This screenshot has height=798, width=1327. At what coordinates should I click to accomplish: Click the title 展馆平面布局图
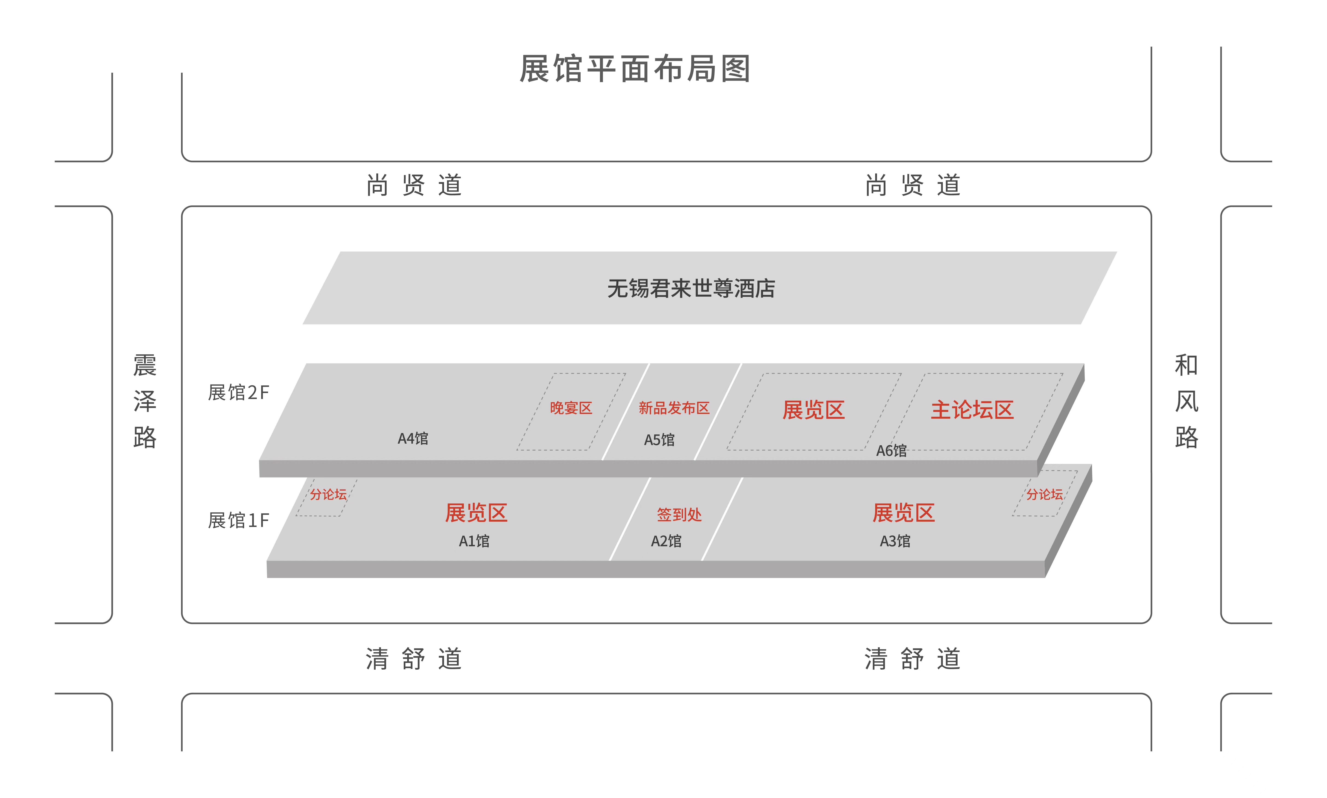coord(635,69)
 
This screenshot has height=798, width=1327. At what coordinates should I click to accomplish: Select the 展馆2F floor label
coord(238,393)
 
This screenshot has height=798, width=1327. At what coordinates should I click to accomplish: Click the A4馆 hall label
coord(413,439)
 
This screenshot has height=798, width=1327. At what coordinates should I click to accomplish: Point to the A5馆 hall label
coord(659,440)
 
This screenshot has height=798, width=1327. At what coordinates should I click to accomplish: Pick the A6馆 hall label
coord(891,451)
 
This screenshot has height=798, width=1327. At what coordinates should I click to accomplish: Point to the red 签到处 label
coord(679,515)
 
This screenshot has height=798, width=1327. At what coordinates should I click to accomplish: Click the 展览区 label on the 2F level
coord(814,410)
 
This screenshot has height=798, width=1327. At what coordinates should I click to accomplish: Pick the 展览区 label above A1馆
coord(476,512)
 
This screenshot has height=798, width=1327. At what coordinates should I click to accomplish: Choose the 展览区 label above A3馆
coord(903,512)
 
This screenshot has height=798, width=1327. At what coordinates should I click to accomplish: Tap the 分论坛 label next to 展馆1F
coord(328,494)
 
